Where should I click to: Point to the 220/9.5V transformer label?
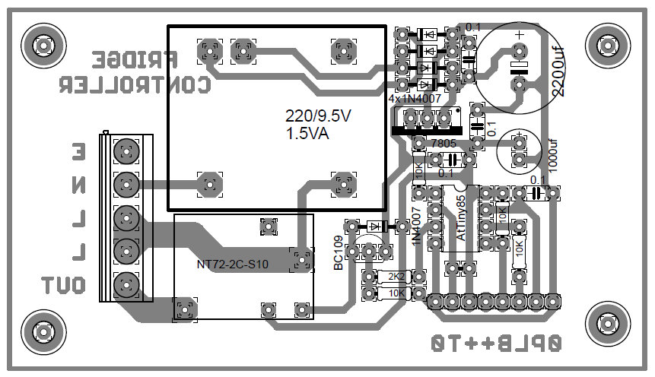(319, 116)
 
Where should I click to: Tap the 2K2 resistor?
(396, 277)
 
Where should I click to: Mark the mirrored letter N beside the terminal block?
(79, 185)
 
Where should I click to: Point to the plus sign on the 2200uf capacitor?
(519, 35)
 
